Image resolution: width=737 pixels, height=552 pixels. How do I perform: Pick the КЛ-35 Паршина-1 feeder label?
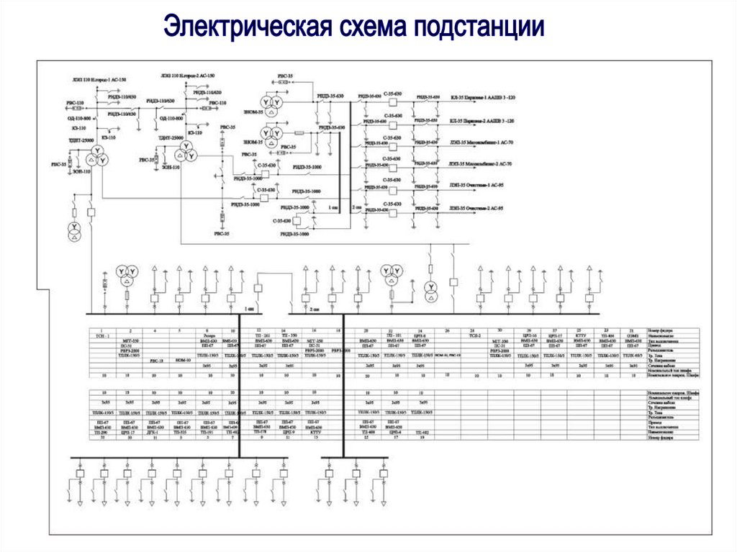[x=483, y=96]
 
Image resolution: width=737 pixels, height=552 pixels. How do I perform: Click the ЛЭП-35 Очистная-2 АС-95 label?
[x=476, y=208]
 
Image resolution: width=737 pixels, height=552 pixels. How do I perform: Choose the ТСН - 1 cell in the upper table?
[x=105, y=336]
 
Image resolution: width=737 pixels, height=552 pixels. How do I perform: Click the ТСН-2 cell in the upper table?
[x=474, y=336]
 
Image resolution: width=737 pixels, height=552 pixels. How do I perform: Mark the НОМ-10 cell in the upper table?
[x=184, y=358]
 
